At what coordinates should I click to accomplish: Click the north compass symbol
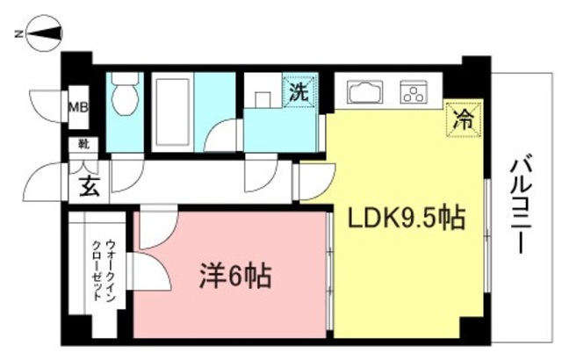pos(43,35)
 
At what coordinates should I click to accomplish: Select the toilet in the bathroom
pos(126,95)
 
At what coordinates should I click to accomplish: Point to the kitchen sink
pos(364,91)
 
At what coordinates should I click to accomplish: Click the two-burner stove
pos(414,91)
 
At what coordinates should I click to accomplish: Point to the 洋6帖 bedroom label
pos(232,278)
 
